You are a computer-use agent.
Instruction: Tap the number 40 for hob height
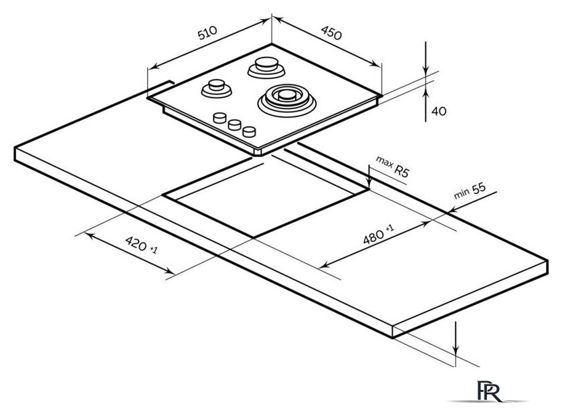439,111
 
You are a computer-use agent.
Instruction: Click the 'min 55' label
470,191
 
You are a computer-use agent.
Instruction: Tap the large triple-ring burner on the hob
286,98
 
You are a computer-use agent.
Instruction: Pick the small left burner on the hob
217,87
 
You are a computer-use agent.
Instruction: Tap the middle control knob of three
235,124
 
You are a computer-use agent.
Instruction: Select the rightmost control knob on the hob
250,130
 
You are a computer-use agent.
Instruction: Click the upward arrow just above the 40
426,98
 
